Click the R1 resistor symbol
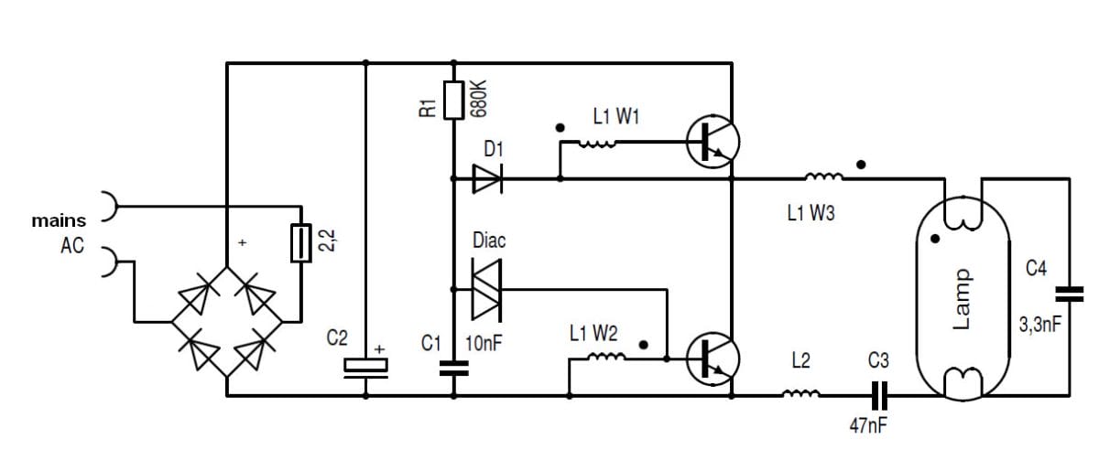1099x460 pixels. click(x=454, y=100)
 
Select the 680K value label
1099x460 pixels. click(x=478, y=98)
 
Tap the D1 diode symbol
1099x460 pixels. click(x=485, y=178)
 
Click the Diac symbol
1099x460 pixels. click(x=484, y=289)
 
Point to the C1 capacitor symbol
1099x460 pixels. click(x=453, y=368)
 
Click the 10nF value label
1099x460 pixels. click(x=486, y=344)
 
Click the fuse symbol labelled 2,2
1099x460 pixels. click(x=299, y=243)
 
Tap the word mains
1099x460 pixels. click(x=59, y=220)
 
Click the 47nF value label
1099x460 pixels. click(x=868, y=426)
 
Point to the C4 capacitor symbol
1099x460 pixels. click(x=1069, y=294)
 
